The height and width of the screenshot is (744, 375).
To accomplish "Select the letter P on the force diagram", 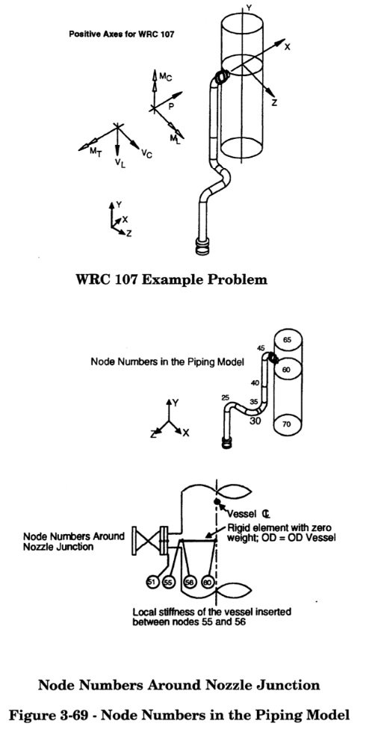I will point(171,107).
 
